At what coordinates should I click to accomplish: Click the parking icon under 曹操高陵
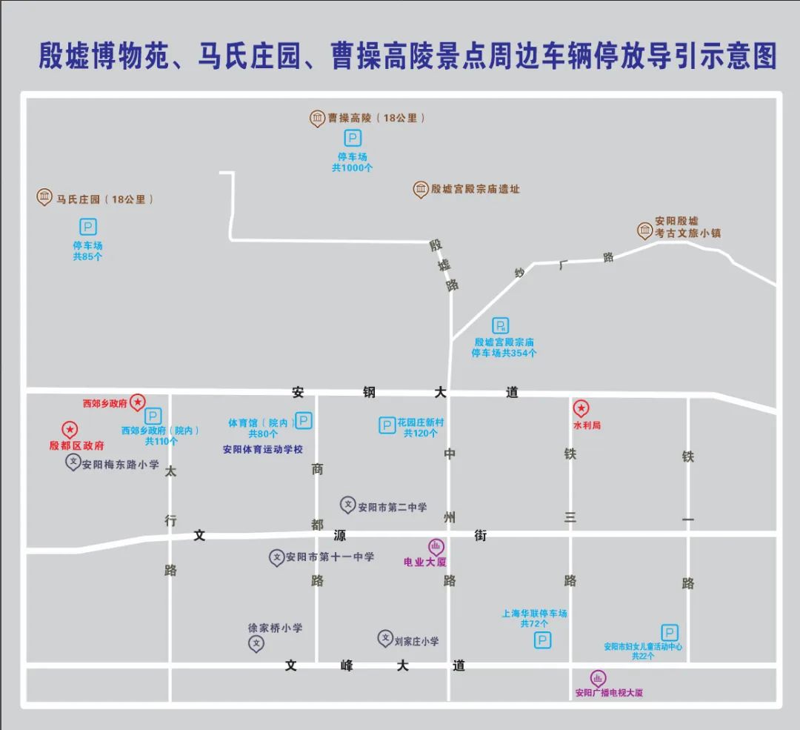[x=353, y=139]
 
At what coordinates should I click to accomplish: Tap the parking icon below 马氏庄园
[x=88, y=228]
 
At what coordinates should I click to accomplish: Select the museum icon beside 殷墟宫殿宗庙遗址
[x=421, y=189]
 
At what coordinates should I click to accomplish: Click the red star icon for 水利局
[x=581, y=408]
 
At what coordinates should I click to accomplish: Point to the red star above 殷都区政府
[x=69, y=429]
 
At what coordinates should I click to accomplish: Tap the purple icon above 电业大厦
[x=436, y=547]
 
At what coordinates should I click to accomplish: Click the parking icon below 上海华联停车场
[x=543, y=640]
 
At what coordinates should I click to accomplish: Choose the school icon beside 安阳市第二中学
[x=347, y=505]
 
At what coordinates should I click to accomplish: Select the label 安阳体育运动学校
[x=263, y=449]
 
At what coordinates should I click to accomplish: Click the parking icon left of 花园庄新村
[x=387, y=425]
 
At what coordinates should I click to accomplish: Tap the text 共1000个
[x=353, y=168]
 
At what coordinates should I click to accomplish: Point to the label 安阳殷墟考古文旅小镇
[x=687, y=227]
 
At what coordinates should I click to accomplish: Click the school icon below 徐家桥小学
[x=256, y=643]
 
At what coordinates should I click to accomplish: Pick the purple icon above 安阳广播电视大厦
[x=598, y=678]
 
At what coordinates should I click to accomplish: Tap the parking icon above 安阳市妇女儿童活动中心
[x=670, y=632]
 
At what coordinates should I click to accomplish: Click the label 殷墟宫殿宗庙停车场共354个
[x=504, y=348]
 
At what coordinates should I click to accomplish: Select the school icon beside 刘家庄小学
[x=385, y=638]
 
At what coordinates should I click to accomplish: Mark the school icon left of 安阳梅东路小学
[x=73, y=462]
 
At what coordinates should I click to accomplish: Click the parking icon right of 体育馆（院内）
[x=304, y=421]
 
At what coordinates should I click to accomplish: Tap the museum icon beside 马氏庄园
[x=44, y=197]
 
